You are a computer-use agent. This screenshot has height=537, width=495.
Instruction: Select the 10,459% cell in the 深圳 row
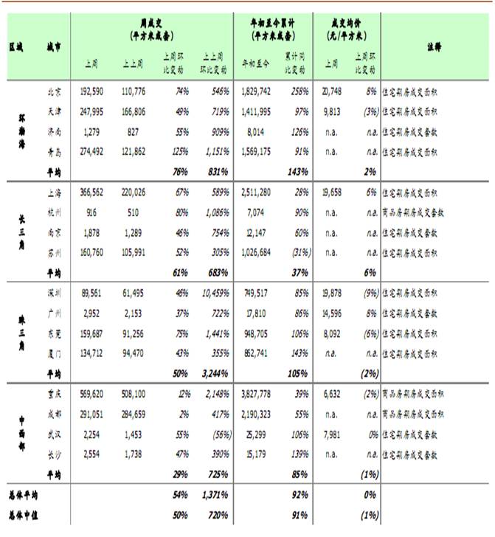[215, 292]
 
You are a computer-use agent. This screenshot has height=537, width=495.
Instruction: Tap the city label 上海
[54, 191]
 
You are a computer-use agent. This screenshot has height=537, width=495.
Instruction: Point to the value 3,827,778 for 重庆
[257, 395]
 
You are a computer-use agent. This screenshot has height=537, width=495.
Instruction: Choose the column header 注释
[434, 46]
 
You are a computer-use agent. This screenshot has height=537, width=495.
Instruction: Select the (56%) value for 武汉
[219, 434]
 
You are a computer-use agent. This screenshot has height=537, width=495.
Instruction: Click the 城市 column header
[54, 46]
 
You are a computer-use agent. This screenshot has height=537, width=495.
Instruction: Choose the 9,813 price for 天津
[334, 111]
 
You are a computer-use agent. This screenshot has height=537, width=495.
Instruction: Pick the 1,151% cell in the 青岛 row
[215, 152]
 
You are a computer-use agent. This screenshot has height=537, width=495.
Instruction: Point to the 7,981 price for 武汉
[334, 434]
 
